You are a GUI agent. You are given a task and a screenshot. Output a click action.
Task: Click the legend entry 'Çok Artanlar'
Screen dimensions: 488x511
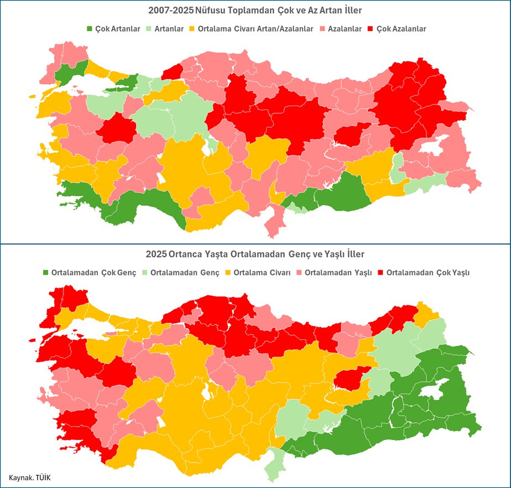(114, 29)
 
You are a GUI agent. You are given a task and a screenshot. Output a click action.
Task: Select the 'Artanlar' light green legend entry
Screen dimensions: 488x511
(166, 29)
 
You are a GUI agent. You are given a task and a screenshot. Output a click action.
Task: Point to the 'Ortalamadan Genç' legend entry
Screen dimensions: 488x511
(180, 272)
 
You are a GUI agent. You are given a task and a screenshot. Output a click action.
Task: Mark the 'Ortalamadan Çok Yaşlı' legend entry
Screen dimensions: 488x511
(423, 272)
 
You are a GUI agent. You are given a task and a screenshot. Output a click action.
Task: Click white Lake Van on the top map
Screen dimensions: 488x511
(434, 146)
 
